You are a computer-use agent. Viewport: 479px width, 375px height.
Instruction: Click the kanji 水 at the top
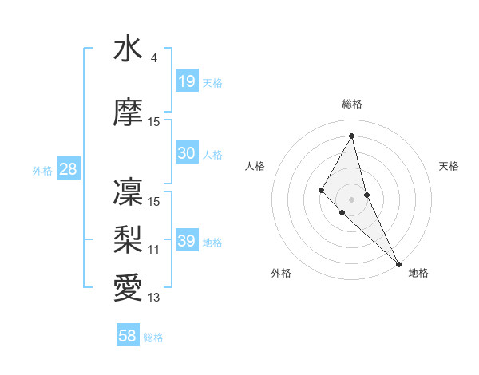pos(128,49)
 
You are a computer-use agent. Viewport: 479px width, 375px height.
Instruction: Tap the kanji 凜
pos(128,192)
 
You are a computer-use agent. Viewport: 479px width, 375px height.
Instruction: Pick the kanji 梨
pos(128,239)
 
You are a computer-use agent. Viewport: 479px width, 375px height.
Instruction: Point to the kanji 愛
pos(128,286)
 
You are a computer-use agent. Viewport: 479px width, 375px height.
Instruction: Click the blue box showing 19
pos(187,81)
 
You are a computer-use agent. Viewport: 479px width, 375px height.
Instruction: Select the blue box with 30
pos(187,153)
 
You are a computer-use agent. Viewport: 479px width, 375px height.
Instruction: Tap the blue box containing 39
pos(187,241)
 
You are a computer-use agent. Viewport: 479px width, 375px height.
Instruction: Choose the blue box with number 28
pos(68,169)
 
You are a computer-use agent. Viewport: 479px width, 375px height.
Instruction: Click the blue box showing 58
pos(128,336)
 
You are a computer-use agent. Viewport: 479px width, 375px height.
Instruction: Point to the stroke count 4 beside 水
pos(153,58)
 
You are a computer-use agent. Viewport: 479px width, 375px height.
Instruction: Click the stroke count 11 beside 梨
pos(154,250)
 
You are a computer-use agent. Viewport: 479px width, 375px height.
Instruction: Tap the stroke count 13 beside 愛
pos(154,298)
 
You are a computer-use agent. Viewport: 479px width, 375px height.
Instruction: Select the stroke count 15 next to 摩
pos(154,122)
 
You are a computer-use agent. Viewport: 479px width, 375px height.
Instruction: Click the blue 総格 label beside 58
pos(153,337)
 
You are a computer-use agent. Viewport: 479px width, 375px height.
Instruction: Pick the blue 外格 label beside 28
pos(42,171)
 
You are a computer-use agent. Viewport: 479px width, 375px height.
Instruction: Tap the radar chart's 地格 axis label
pos(418,274)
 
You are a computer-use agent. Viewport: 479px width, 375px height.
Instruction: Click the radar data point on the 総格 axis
pos(351,135)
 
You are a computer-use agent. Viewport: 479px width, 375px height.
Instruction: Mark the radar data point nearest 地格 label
pos(398,263)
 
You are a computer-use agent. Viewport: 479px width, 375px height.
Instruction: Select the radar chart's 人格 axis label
pos(255,166)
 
